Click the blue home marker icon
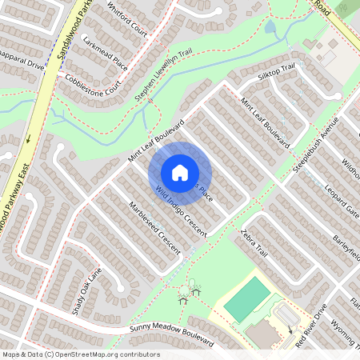coord(180,172)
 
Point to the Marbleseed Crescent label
coord(154,228)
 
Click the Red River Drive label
coord(312,325)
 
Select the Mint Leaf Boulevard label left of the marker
coord(156,142)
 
